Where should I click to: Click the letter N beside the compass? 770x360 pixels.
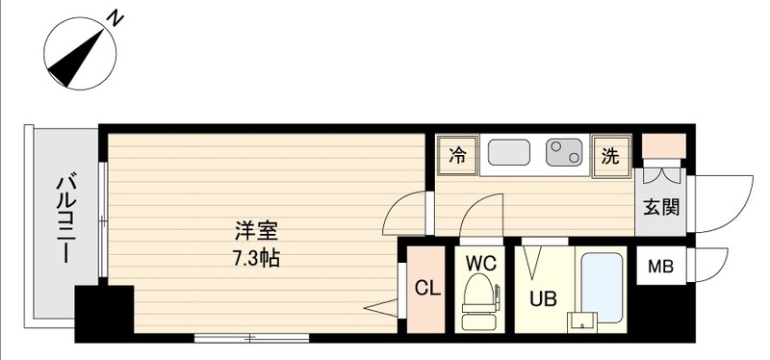click(x=115, y=17)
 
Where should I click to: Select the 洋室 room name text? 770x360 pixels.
click(x=257, y=232)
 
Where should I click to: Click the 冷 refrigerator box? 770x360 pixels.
click(x=457, y=154)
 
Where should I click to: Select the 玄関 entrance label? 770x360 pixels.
click(x=661, y=207)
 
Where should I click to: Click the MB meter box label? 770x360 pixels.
click(x=660, y=267)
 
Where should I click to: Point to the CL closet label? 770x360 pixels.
click(x=426, y=288)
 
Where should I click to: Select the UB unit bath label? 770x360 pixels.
click(x=543, y=297)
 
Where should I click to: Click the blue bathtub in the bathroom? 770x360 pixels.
click(x=603, y=280)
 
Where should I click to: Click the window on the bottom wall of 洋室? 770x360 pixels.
click(x=251, y=338)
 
